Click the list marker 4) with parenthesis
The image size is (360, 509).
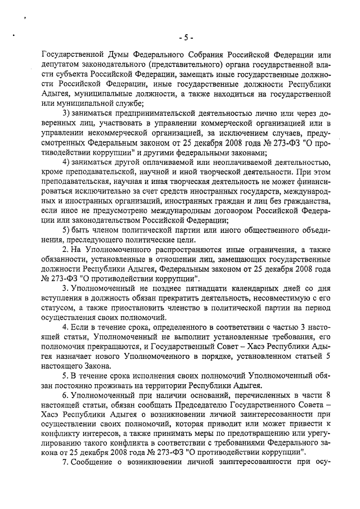pyautogui.click(x=66, y=163)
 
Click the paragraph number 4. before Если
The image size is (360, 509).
pyautogui.click(x=65, y=327)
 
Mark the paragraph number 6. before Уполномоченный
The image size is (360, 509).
pyautogui.click(x=65, y=396)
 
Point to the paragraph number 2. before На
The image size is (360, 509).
pyautogui.click(x=65, y=249)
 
